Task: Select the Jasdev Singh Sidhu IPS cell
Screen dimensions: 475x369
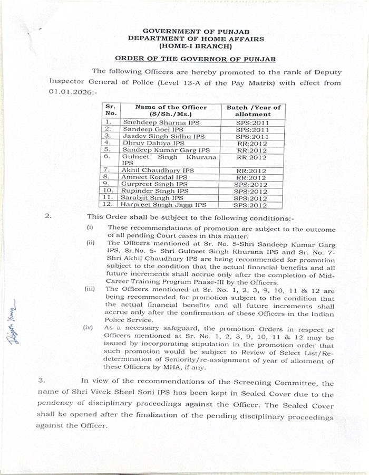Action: click(x=163, y=136)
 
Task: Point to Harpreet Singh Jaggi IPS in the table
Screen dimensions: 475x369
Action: click(x=163, y=204)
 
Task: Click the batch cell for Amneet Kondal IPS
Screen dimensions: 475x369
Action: click(x=252, y=178)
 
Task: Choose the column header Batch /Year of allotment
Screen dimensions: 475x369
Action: click(x=253, y=110)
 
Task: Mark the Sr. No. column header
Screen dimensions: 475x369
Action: click(x=110, y=110)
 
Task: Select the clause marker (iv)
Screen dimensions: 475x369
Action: click(x=88, y=328)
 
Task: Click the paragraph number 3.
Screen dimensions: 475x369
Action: click(x=42, y=379)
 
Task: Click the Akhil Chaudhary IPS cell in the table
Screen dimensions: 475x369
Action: click(x=158, y=170)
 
